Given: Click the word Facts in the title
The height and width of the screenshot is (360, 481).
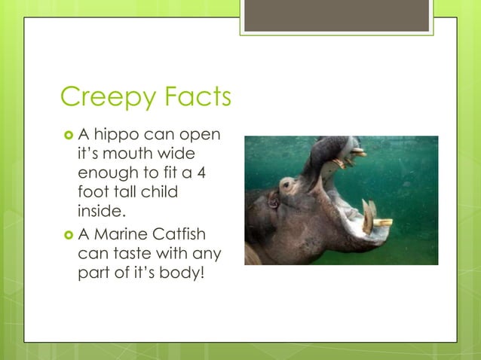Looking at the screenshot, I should click(191, 98).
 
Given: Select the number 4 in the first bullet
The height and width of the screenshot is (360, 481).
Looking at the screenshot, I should click(202, 173).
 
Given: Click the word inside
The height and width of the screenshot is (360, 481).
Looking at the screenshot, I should click(101, 209).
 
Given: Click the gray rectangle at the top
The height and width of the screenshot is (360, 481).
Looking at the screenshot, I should click(336, 16).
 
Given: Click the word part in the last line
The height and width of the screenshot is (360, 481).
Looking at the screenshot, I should click(93, 271).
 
